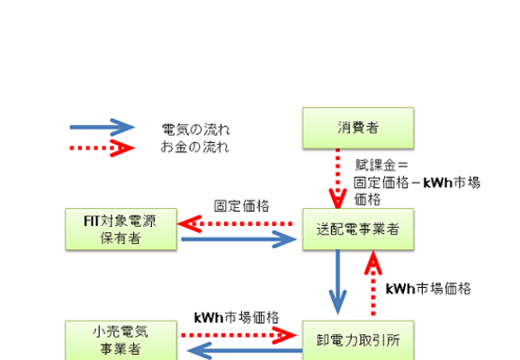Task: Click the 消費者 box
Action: (358, 128)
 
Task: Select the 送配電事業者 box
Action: (358, 229)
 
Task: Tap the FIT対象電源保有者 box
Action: (121, 229)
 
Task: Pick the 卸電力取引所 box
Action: (358, 340)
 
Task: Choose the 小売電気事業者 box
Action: (121, 340)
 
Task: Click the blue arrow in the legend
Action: (102, 127)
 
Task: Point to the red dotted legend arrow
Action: (102, 148)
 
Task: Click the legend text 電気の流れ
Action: (195, 130)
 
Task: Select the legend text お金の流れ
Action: (195, 147)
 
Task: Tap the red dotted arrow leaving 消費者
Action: (337, 178)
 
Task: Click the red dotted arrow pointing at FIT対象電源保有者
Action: (235, 224)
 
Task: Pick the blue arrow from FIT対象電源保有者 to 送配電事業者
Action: (238, 239)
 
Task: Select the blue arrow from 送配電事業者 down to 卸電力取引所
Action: (337, 282)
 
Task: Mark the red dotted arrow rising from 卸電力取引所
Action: (373, 283)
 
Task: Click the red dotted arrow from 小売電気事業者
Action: (238, 336)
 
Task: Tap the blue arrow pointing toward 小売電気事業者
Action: (245, 351)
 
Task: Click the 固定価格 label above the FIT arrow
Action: (242, 206)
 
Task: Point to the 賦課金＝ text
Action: (381, 165)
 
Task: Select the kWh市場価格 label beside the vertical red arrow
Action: (428, 289)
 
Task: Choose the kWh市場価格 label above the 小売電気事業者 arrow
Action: (237, 318)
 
